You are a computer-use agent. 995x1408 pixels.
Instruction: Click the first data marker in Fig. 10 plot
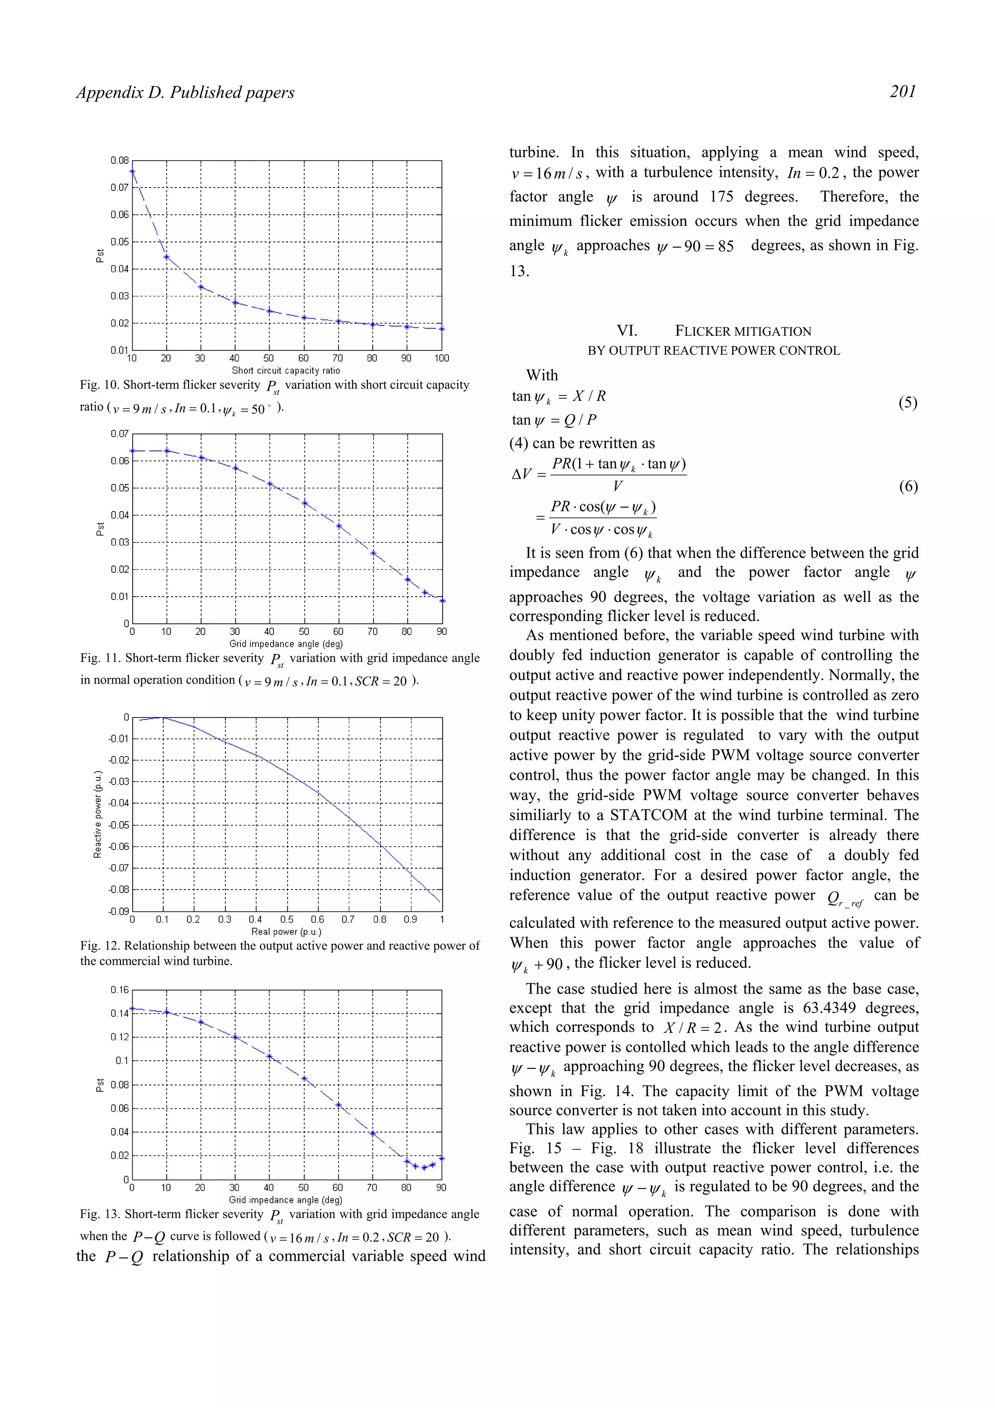(133, 172)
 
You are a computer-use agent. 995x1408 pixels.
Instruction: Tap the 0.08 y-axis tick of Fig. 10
(120, 161)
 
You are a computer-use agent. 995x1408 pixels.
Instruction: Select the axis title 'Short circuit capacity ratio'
(286, 370)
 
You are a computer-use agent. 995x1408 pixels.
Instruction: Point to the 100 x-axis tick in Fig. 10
(442, 359)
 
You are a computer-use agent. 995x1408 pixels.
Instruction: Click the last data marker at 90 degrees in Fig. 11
(443, 601)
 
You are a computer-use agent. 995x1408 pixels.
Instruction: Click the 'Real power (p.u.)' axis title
(286, 931)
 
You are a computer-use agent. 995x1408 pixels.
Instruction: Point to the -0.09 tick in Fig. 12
(119, 911)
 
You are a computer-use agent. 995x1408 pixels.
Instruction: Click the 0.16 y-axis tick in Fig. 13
(120, 990)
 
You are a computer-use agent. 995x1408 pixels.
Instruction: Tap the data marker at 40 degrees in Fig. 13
(269, 1057)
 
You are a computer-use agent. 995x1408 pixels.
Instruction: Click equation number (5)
(908, 403)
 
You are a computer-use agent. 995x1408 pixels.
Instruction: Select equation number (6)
(908, 487)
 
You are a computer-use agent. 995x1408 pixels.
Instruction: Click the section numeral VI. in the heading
(627, 331)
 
